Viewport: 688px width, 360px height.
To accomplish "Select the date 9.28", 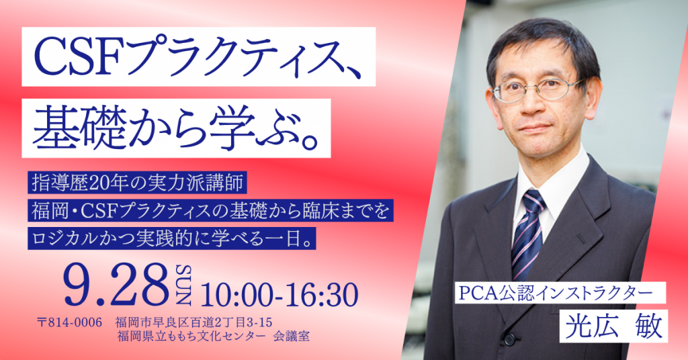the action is [x=116, y=285].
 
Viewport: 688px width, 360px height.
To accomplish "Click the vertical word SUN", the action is [x=183, y=285].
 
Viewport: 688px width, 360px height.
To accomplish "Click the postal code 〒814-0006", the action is [x=70, y=323].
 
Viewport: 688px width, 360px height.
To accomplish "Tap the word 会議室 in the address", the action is [x=291, y=336].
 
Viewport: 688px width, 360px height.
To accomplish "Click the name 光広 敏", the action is [x=613, y=326].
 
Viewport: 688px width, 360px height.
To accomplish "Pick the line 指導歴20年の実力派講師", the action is [x=137, y=183].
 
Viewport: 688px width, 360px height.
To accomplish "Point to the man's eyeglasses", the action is [x=537, y=89].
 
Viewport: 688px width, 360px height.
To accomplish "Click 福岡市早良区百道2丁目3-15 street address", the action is [x=194, y=323].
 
